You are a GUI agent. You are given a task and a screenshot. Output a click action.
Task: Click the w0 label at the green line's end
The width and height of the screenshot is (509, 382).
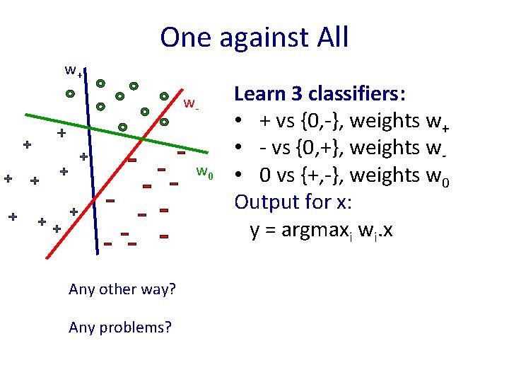205,171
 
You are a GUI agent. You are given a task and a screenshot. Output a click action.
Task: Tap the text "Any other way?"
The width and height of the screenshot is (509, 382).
122,289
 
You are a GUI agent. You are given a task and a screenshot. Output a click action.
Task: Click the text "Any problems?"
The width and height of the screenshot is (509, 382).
120,327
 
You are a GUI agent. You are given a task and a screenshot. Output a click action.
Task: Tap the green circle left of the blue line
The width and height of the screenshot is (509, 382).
70,93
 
